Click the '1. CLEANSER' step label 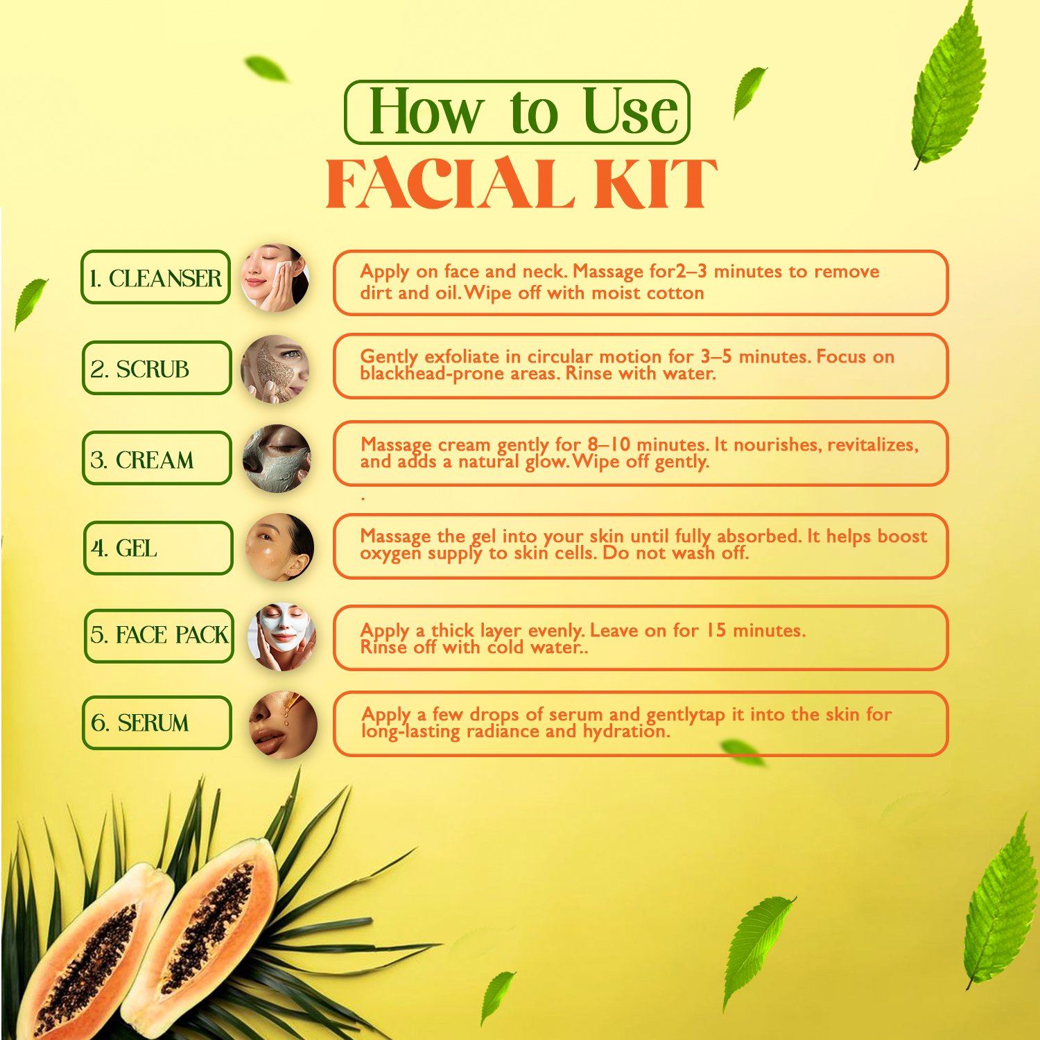click(x=155, y=277)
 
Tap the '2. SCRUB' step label click(x=157, y=368)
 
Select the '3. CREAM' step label click(x=157, y=458)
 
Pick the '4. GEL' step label click(x=158, y=548)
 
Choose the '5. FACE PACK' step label click(x=159, y=636)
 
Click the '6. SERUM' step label click(x=157, y=722)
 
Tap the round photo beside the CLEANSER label click(x=275, y=277)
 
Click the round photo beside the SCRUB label click(x=275, y=369)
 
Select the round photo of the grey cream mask click(x=277, y=458)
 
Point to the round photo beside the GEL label click(x=280, y=547)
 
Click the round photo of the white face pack click(x=282, y=636)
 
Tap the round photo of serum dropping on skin click(x=283, y=725)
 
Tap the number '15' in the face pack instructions click(x=716, y=630)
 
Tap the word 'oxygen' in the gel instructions click(x=390, y=554)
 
